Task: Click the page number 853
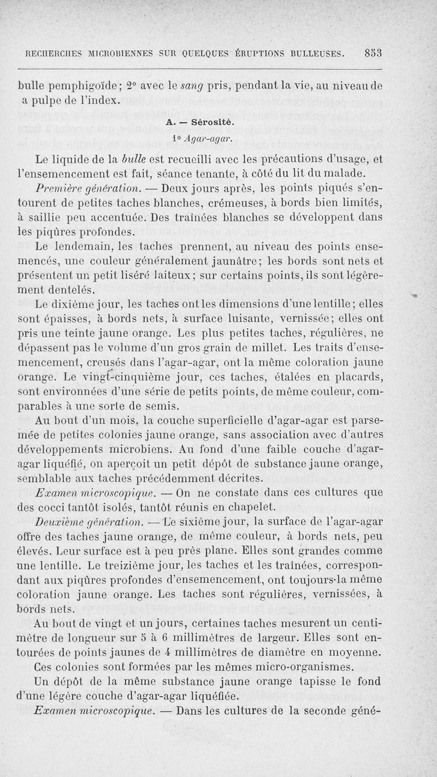[x=373, y=53]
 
